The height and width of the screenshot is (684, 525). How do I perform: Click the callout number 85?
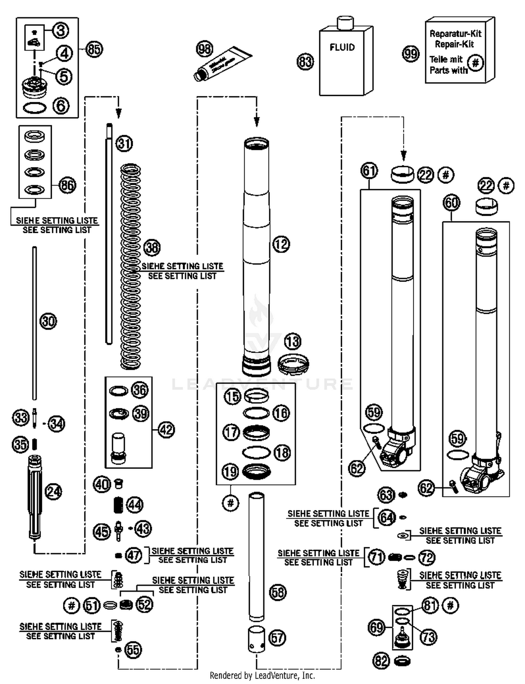pyautogui.click(x=94, y=49)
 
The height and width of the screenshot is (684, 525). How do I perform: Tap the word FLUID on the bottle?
pyautogui.click(x=342, y=47)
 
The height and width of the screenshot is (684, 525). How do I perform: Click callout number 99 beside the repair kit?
pyautogui.click(x=411, y=54)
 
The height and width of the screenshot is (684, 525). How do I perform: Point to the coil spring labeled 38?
pyautogui.click(x=131, y=266)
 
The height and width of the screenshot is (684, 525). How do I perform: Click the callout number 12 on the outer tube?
pyautogui.click(x=281, y=244)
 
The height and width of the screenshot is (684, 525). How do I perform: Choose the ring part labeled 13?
pyautogui.click(x=293, y=364)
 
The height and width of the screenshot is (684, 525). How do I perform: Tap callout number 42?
pyautogui.click(x=166, y=429)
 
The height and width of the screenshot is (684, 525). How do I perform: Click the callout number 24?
pyautogui.click(x=54, y=492)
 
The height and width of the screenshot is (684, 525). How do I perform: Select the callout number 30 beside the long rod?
pyautogui.click(x=48, y=321)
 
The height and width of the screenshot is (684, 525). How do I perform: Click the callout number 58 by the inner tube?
pyautogui.click(x=278, y=592)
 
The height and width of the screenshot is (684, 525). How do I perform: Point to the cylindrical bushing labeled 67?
pyautogui.click(x=257, y=640)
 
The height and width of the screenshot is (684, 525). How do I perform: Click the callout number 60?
pyautogui.click(x=451, y=202)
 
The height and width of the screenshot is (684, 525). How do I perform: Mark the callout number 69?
pyautogui.click(x=377, y=627)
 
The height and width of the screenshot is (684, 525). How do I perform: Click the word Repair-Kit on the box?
pyautogui.click(x=454, y=44)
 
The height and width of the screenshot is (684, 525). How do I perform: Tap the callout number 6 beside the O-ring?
pyautogui.click(x=61, y=105)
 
